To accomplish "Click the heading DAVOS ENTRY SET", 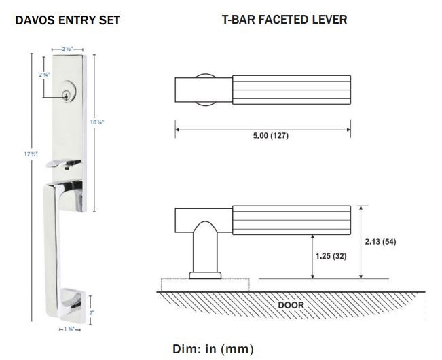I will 67,20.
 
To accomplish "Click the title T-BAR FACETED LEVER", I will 284,20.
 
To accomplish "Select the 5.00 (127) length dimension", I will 263,134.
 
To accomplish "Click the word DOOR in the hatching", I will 291,305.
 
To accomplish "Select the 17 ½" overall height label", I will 31,155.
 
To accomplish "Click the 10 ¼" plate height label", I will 97,122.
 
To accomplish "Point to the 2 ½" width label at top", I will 66,50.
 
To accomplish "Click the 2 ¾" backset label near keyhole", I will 45,73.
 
